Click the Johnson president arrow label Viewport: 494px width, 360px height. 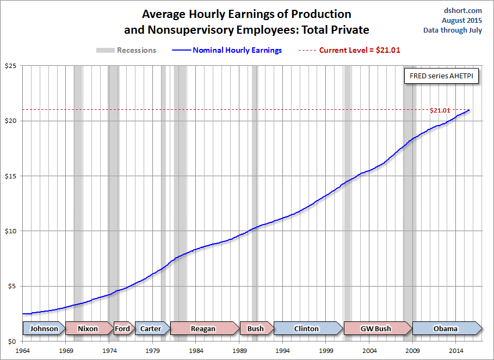click(x=44, y=328)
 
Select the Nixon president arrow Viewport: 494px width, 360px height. click(x=88, y=328)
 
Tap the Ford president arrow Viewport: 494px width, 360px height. click(x=122, y=328)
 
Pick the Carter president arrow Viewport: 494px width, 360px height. click(x=151, y=328)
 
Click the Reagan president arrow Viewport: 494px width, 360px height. click(x=203, y=328)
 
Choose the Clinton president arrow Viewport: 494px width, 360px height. click(x=306, y=328)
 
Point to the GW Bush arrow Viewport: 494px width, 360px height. click(x=376, y=328)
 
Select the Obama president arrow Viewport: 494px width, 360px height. click(x=446, y=328)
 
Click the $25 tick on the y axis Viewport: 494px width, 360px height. click(x=10, y=66)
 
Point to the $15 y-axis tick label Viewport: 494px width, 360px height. click(x=10, y=176)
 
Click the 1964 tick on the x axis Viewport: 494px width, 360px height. click(x=23, y=351)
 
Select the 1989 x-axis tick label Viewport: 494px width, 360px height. click(x=239, y=351)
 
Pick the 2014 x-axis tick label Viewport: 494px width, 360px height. click(x=456, y=351)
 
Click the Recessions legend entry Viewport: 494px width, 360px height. click(x=126, y=50)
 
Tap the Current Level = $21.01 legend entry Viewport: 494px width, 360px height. click(x=353, y=50)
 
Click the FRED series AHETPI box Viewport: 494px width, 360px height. click(x=441, y=76)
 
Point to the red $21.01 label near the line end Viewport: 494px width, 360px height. click(x=440, y=110)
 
